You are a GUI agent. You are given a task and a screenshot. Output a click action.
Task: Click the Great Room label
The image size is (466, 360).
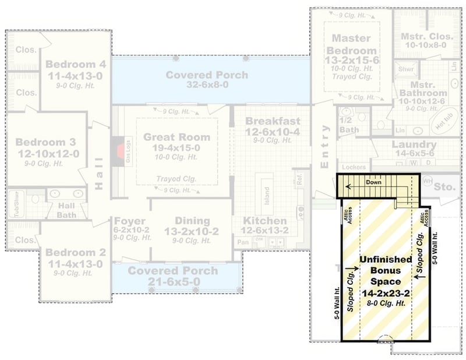176,137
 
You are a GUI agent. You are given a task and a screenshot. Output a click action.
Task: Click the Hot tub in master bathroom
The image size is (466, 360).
444,123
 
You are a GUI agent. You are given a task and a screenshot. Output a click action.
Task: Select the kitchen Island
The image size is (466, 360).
265,193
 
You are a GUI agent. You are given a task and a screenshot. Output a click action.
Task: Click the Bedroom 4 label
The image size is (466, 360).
76,64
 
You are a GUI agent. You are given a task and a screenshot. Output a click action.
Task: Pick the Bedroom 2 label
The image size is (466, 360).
76,252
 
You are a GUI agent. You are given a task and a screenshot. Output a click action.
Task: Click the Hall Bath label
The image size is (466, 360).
66,210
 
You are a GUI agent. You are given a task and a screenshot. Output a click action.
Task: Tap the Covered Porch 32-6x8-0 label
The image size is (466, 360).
207,75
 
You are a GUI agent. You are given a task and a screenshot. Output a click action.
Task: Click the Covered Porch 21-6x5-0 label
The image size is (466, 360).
173,271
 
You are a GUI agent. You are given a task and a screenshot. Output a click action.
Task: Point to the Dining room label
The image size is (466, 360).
192,221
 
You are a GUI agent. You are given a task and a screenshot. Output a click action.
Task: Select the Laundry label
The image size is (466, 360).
414,144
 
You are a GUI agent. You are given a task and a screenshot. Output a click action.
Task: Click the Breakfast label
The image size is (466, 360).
273,121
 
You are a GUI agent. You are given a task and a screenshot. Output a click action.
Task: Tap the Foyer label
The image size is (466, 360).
129,221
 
